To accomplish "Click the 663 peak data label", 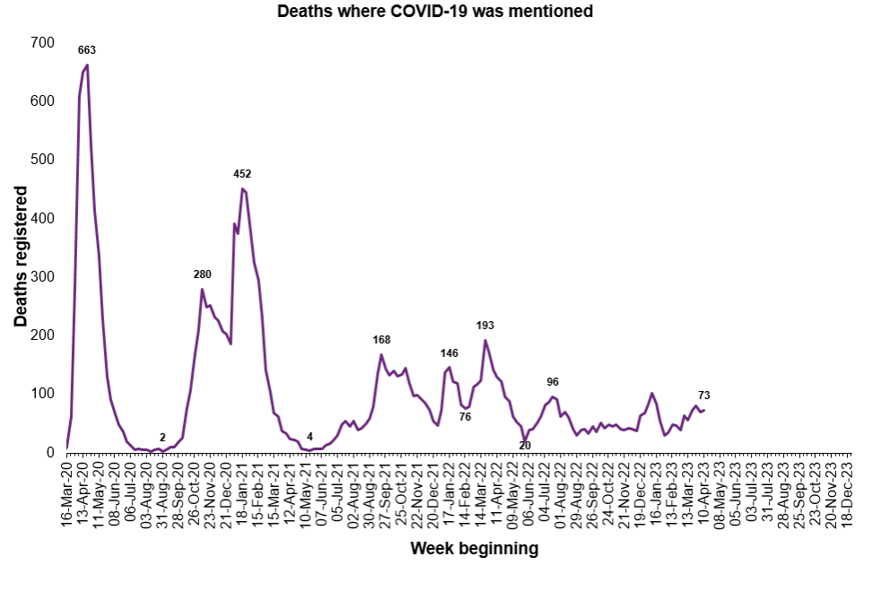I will (87, 50).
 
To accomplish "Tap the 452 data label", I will (242, 174).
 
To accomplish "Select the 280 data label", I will (203, 274).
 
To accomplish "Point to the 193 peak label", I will (485, 326).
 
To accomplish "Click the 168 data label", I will (381, 340).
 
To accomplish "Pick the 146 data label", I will (449, 353).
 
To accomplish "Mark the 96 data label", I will (553, 382).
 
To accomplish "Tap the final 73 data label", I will (704, 396).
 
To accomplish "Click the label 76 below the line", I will (465, 416).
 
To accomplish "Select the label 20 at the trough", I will (526, 445).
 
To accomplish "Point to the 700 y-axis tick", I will (42, 42).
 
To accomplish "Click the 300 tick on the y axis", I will (42, 276).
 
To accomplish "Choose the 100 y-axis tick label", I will (42, 394).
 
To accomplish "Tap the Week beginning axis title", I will (474, 548).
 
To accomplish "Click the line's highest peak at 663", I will (87, 65).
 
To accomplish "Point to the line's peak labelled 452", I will (242, 188).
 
